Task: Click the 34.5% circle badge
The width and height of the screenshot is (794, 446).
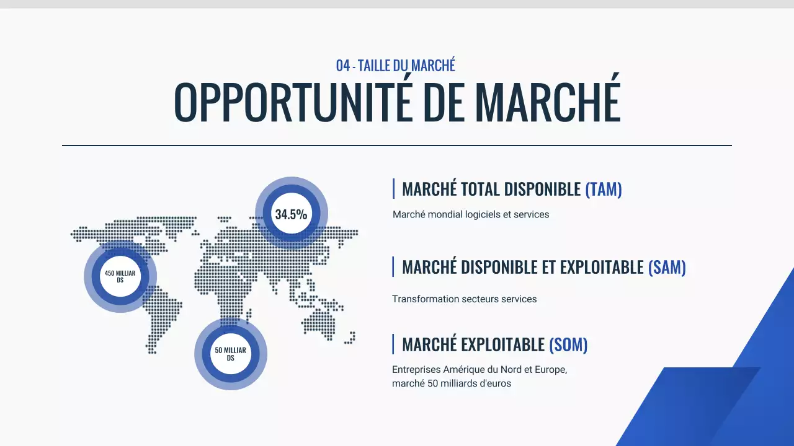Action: (292, 214)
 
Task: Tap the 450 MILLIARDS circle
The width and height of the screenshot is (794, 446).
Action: (120, 276)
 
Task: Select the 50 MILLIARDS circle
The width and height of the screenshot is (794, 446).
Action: (230, 354)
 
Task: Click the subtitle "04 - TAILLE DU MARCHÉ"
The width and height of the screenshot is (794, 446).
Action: (396, 65)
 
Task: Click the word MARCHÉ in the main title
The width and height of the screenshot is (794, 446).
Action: (548, 101)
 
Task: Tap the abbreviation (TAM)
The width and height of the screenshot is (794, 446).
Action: (603, 189)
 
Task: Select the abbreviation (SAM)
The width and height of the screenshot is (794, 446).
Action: (667, 267)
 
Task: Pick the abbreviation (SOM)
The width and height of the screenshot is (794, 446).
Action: (568, 344)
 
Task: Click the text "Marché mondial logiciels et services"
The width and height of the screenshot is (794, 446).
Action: (470, 214)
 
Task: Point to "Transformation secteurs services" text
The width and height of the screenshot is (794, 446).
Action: (464, 299)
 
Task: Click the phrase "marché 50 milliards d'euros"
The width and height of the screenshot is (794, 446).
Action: (451, 383)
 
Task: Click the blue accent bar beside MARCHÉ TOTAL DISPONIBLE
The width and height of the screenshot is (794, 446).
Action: (393, 189)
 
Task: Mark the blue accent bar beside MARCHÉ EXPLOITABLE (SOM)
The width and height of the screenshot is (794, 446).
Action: (393, 344)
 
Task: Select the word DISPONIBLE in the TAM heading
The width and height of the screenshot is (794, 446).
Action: (542, 189)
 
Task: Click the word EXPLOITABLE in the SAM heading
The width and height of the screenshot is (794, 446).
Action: (602, 267)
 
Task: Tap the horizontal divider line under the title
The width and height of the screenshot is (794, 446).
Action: (397, 146)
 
